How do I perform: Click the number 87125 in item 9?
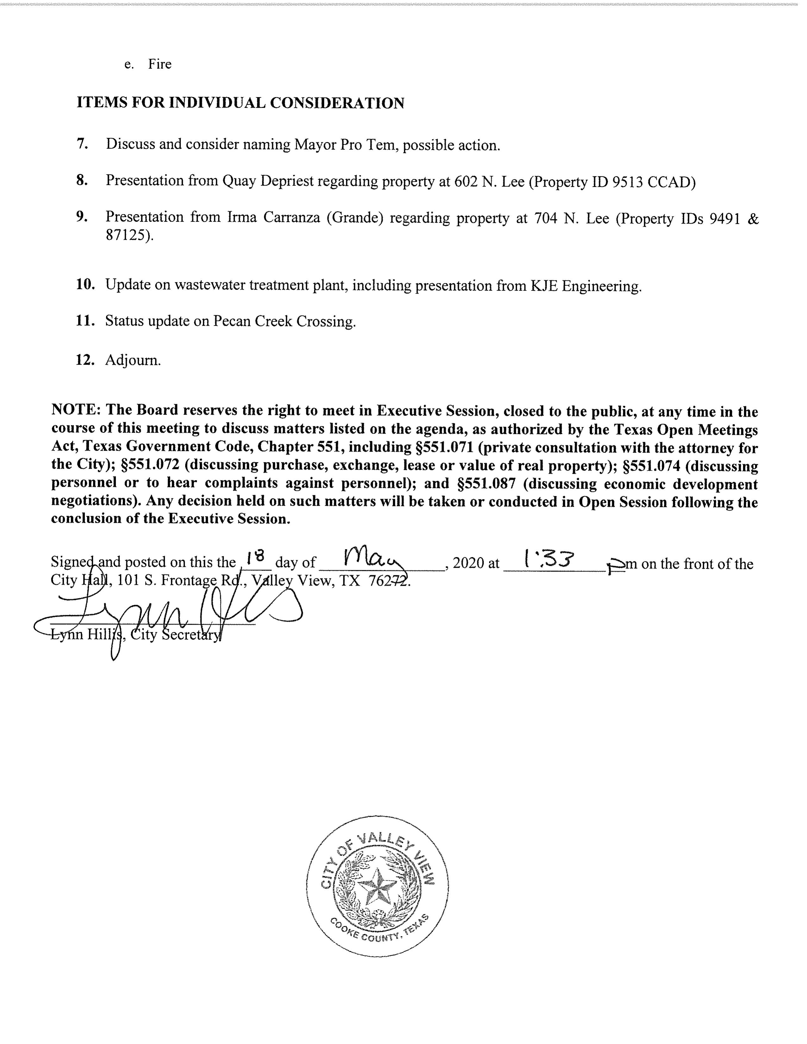[127, 235]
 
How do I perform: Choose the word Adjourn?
[133, 360]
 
